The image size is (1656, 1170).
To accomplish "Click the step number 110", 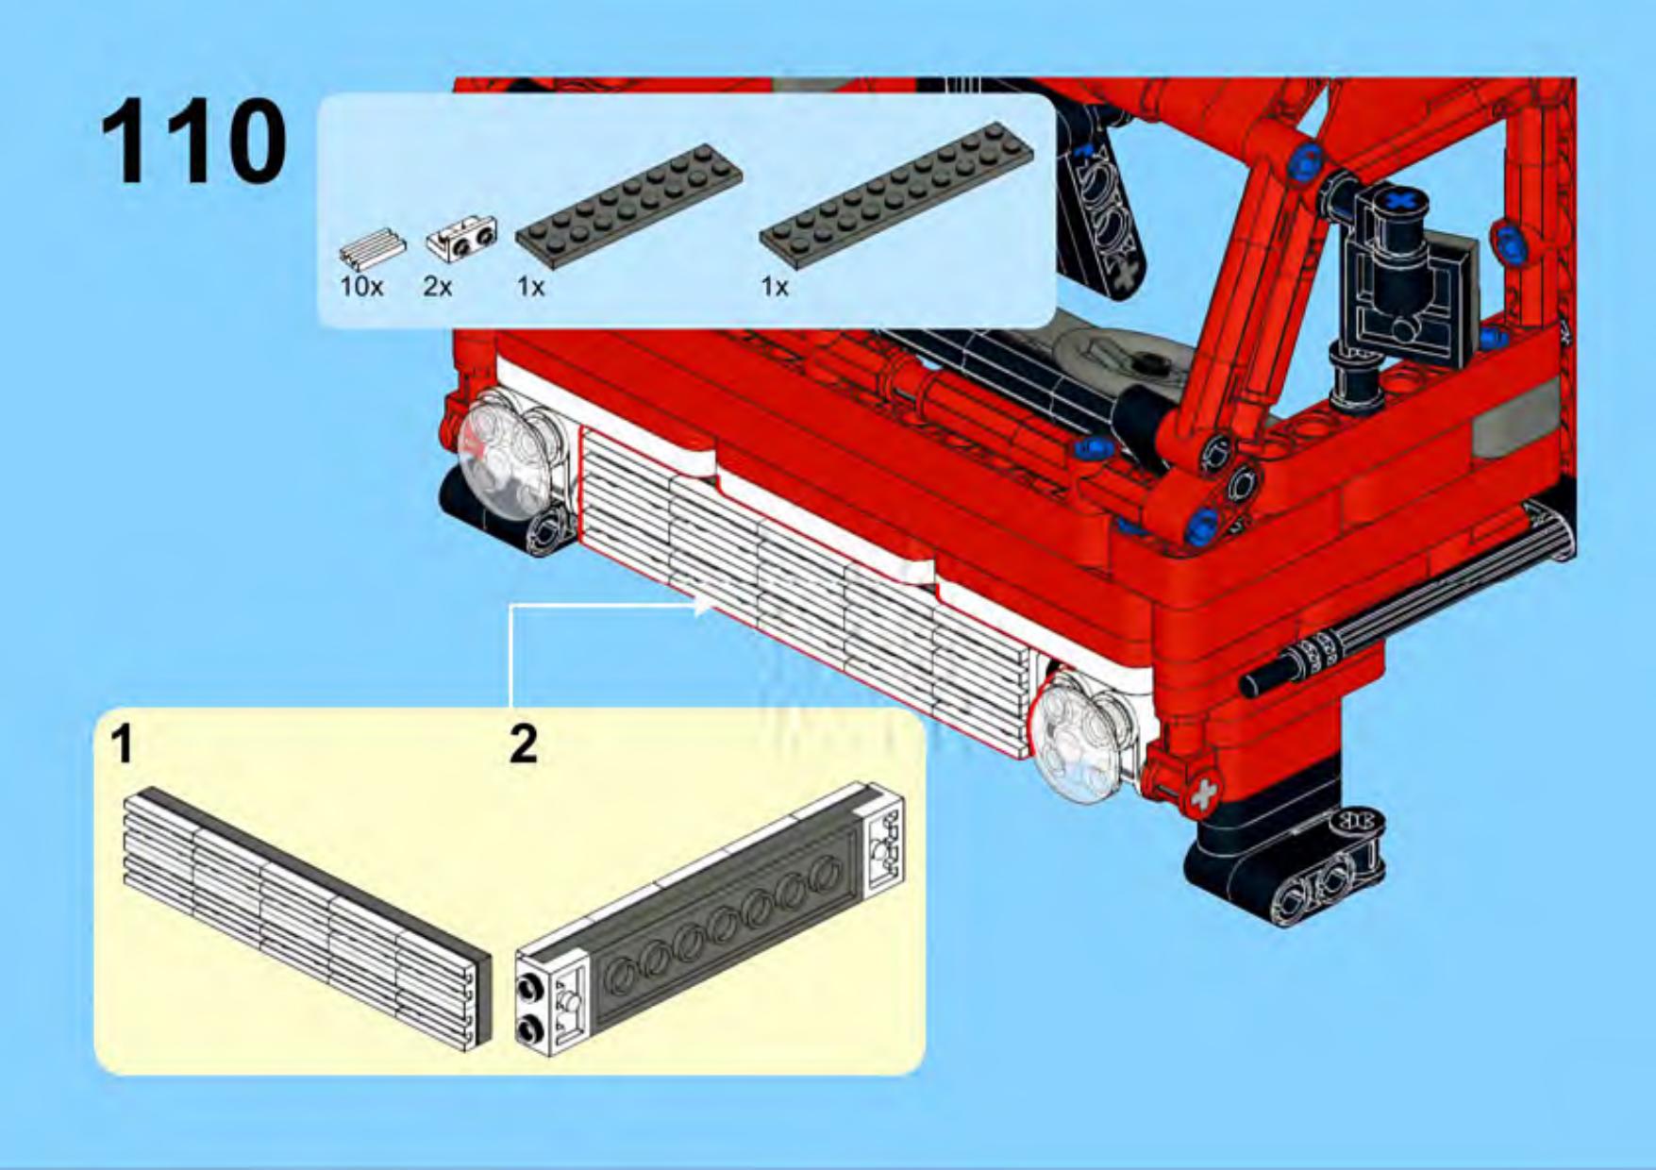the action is pyautogui.click(x=193, y=142).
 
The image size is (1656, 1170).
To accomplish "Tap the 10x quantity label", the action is pyautogui.click(x=361, y=286).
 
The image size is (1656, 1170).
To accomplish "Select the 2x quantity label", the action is pyautogui.click(x=438, y=286).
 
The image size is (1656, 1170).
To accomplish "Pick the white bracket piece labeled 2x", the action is pyautogui.click(x=462, y=238).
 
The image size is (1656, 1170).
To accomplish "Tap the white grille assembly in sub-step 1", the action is pyautogui.click(x=308, y=915).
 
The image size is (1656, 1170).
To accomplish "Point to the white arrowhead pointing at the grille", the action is pyautogui.click(x=704, y=604).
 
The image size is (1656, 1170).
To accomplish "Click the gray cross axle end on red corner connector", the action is pyautogui.click(x=1201, y=794).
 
